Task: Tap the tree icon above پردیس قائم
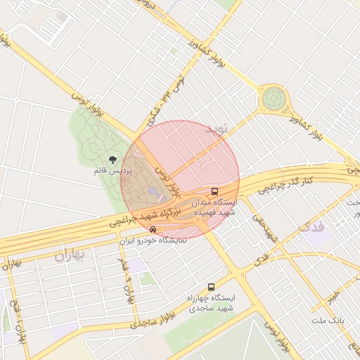coord(113,160)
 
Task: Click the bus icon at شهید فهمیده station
coord(214,191)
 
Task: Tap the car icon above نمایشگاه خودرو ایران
coord(153,229)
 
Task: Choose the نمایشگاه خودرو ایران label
coord(153,240)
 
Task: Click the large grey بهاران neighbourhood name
coord(69,255)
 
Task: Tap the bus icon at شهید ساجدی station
coord(211,287)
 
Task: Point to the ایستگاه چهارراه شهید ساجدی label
coord(211,303)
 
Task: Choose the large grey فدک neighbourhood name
coord(309,227)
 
